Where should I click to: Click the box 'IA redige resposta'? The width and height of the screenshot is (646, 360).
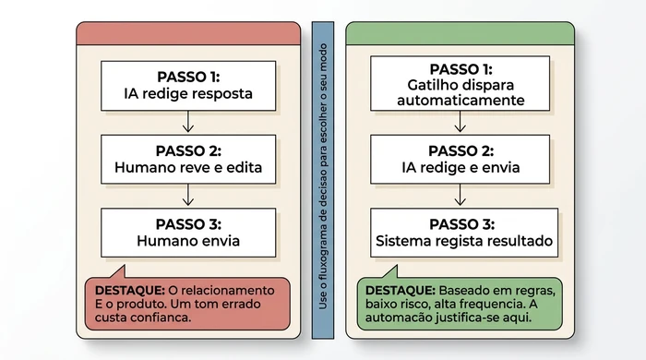click(x=188, y=85)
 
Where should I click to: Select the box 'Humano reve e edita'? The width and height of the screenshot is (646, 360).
click(x=188, y=159)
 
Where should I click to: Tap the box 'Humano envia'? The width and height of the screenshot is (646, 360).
click(x=188, y=232)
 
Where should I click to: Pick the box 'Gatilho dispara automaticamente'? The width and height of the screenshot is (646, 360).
click(x=461, y=85)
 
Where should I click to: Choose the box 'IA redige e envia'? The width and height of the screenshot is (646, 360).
click(x=461, y=159)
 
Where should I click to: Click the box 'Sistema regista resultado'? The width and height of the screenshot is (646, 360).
click(x=461, y=232)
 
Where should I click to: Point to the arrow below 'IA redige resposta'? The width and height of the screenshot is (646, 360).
click(x=188, y=122)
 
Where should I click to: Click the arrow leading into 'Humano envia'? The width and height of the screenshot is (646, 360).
click(x=188, y=195)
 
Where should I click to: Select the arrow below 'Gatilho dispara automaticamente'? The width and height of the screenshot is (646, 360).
click(x=461, y=122)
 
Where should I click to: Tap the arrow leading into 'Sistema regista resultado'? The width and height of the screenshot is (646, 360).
click(x=461, y=195)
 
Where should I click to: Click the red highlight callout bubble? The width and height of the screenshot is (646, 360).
click(x=187, y=303)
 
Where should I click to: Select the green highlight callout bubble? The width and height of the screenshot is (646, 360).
click(x=461, y=303)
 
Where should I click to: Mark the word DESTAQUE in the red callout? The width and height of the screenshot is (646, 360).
click(x=126, y=290)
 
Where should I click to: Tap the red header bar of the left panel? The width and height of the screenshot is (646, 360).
click(x=188, y=32)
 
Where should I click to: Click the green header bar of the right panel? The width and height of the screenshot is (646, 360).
click(x=461, y=32)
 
